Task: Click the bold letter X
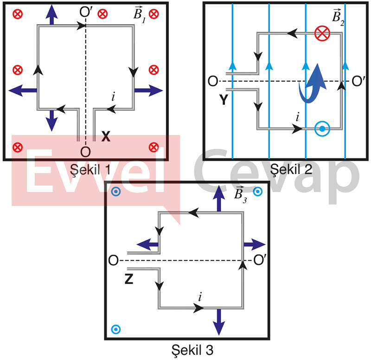[106, 137]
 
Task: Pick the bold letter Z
[130, 279]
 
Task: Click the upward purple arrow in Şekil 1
[52, 15]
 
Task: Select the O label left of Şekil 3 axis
[113, 260]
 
